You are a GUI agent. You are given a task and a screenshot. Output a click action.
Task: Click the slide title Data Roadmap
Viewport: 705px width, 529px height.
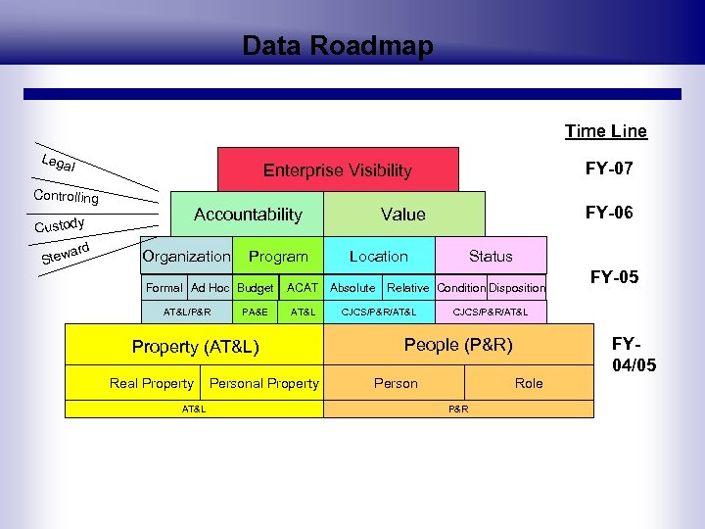pyautogui.click(x=338, y=46)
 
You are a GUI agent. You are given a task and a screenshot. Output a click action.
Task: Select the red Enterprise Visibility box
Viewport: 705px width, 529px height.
pyautogui.click(x=338, y=169)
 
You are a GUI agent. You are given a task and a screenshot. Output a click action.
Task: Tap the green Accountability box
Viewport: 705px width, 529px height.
pyautogui.click(x=248, y=214)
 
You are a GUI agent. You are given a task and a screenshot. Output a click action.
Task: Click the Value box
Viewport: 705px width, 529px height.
pyautogui.click(x=403, y=214)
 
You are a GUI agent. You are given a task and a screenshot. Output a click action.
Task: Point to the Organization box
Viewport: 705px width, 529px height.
pyautogui.click(x=186, y=256)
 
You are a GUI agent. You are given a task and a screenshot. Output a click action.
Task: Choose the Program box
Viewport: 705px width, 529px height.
pyautogui.click(x=278, y=256)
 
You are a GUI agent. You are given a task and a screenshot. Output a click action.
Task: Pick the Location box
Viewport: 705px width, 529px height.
pyautogui.click(x=378, y=256)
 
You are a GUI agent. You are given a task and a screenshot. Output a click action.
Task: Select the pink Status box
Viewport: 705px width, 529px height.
pyautogui.click(x=490, y=256)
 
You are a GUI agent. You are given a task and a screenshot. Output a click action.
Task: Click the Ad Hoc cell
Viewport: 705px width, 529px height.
pyautogui.click(x=211, y=288)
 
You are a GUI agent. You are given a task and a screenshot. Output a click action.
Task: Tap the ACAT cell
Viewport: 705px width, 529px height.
pyautogui.click(x=302, y=288)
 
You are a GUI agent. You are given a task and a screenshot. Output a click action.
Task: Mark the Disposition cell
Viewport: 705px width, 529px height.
pyautogui.click(x=517, y=288)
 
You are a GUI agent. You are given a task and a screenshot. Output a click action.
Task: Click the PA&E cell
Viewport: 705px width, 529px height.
pyautogui.click(x=255, y=312)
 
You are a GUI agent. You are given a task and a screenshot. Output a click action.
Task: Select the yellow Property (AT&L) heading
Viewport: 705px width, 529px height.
pyautogui.click(x=196, y=346)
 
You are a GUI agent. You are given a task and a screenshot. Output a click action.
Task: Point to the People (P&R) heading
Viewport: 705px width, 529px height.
pyautogui.click(x=458, y=345)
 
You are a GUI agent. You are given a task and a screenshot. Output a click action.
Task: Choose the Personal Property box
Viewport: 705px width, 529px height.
pyautogui.click(x=263, y=383)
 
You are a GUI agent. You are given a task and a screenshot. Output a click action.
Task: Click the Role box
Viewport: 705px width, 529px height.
pyautogui.click(x=529, y=383)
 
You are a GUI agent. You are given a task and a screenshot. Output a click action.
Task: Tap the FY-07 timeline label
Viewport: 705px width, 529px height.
pyautogui.click(x=609, y=168)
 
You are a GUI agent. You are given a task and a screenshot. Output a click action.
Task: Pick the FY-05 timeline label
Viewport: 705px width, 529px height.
pyautogui.click(x=614, y=277)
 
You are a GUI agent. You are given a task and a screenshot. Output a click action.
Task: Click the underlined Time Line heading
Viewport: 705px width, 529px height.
pyautogui.click(x=605, y=131)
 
